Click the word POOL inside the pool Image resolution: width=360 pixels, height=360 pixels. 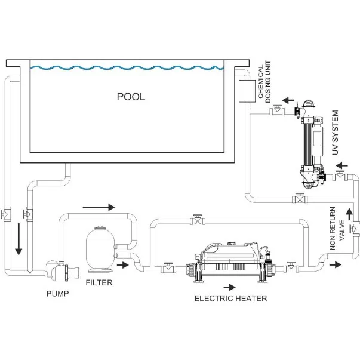coord(131,97)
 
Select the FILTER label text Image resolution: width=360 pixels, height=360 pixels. coord(99,283)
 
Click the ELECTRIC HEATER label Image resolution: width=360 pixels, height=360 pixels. coord(230,298)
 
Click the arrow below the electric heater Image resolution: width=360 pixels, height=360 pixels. coord(229,288)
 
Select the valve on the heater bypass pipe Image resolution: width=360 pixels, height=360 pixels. coord(196,221)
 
